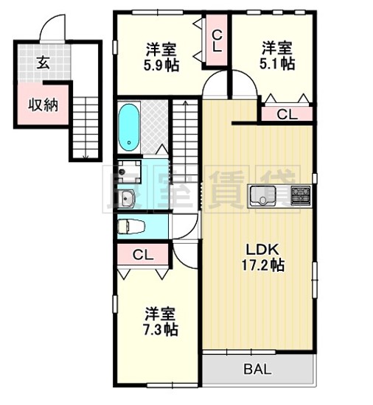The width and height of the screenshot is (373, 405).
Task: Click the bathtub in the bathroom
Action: (x=130, y=127)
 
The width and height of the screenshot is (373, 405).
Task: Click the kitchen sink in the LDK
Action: (x=262, y=196)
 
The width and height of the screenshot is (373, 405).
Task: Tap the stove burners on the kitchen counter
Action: (x=301, y=196)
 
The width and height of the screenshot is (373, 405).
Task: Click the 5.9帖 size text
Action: (x=160, y=64)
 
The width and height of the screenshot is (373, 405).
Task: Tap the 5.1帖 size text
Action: (x=276, y=63)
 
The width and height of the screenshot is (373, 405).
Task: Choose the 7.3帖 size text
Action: (x=160, y=327)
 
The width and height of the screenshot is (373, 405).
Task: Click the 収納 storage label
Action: (x=43, y=105)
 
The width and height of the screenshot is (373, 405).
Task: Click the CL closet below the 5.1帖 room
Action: (x=287, y=113)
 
